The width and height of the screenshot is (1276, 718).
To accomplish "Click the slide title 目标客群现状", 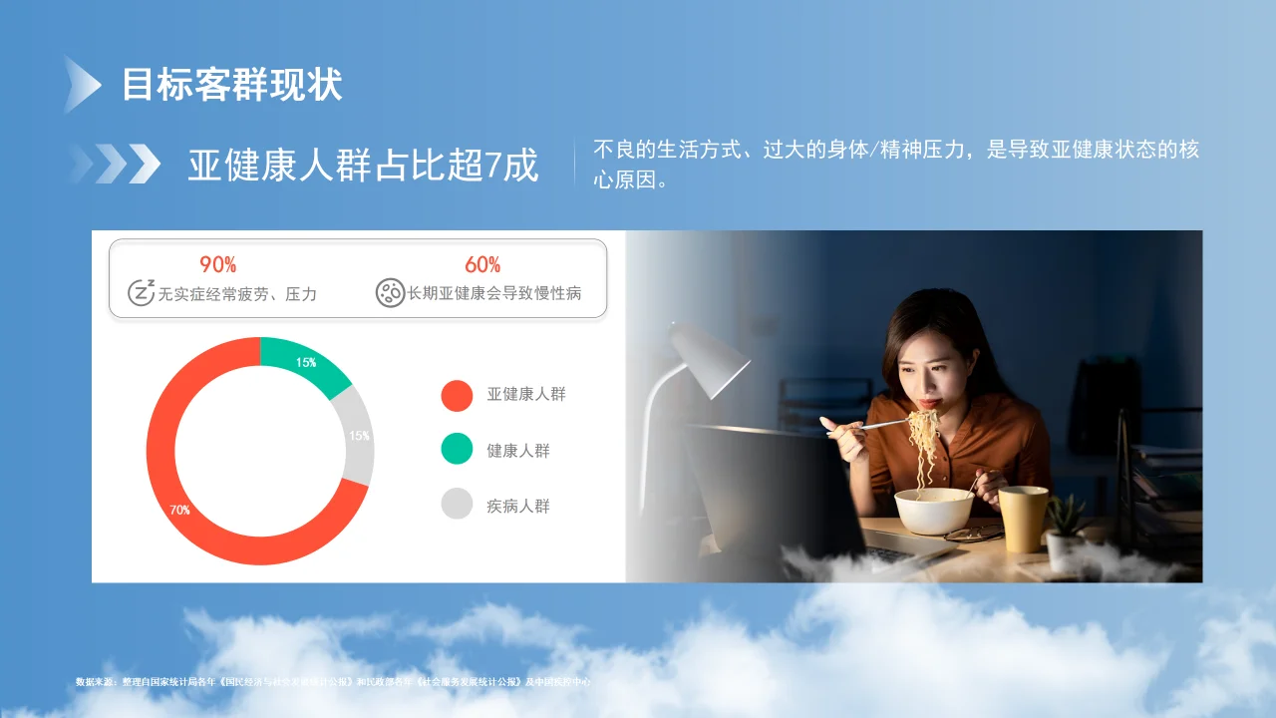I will tap(231, 85).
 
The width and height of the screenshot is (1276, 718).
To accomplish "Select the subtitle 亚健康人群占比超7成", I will tap(363, 165).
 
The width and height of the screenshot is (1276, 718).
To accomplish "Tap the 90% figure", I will tap(217, 264).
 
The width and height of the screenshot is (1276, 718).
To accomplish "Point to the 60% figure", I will tap(482, 264).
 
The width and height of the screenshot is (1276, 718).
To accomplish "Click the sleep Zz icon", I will tap(142, 292).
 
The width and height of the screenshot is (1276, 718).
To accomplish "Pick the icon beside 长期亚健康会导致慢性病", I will tap(390, 292).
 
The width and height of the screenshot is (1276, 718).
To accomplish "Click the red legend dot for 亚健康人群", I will tap(457, 395).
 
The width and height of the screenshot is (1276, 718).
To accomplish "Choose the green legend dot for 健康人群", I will tap(457, 450).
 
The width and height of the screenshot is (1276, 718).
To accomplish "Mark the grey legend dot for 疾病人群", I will tap(457, 505).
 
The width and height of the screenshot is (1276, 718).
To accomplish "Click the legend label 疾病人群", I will tap(518, 506).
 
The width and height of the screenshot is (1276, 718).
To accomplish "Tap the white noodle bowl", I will tap(933, 510).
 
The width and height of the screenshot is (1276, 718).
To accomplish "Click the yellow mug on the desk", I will tap(1023, 518).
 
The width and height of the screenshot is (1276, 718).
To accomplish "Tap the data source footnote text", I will tap(333, 682).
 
